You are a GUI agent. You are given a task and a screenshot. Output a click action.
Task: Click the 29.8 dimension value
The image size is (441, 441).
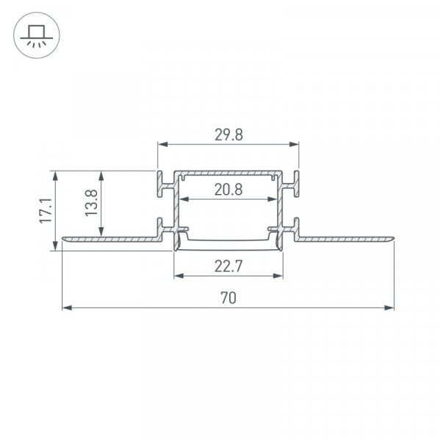(x=229, y=135)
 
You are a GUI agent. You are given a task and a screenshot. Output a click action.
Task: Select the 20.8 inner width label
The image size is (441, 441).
(x=229, y=190)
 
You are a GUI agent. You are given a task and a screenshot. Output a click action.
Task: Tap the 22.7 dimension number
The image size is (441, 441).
(x=228, y=266)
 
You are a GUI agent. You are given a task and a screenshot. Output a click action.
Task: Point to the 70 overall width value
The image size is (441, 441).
(x=229, y=298)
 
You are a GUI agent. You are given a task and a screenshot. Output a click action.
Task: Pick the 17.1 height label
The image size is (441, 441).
(x=46, y=211)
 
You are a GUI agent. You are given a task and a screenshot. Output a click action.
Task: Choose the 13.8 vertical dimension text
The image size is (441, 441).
(x=91, y=203)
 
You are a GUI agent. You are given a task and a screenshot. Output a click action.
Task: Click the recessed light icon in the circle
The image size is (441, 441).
(x=37, y=35)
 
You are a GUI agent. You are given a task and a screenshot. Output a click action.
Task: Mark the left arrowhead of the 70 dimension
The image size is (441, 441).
(x=67, y=308)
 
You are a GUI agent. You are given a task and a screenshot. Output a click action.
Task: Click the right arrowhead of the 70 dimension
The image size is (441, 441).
(x=390, y=308)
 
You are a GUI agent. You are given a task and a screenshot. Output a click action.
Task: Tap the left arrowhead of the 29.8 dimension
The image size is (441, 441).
(x=163, y=144)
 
